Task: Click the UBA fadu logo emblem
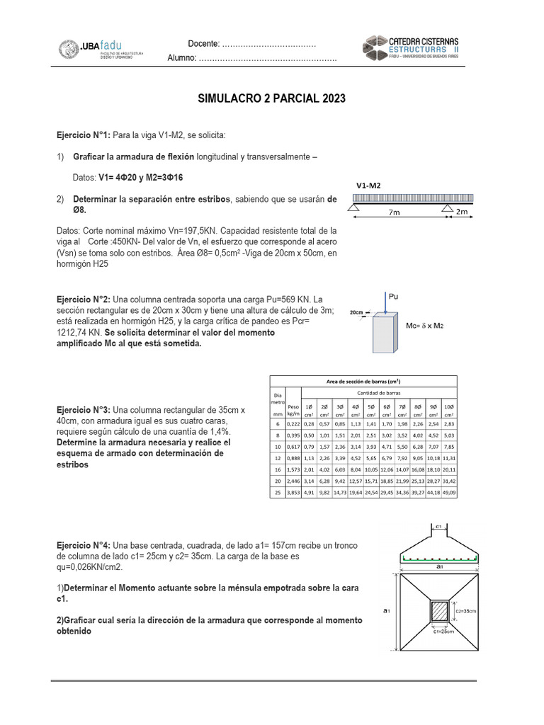point(69,49)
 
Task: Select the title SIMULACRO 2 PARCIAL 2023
point(271,98)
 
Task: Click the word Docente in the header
point(203,44)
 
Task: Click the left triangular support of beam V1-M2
point(353,208)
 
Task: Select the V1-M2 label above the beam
point(368,185)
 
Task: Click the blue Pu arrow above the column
point(384,302)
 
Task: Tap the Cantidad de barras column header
point(380,392)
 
